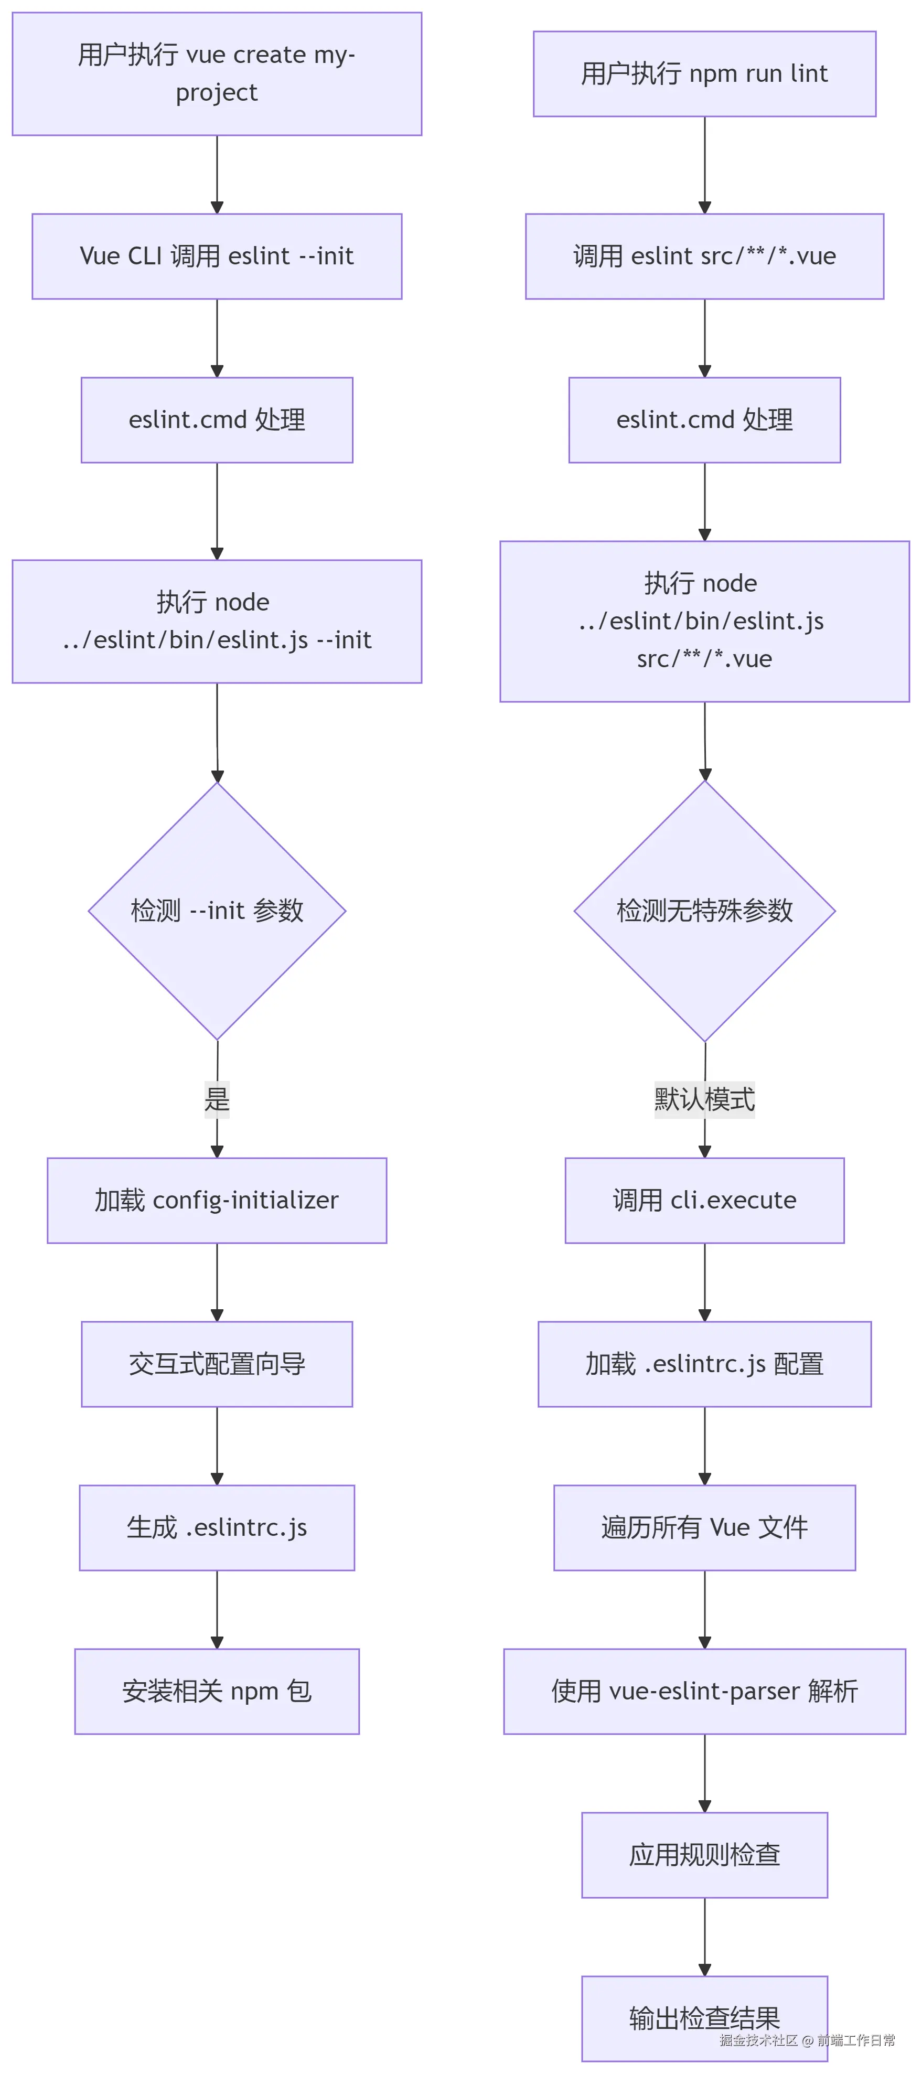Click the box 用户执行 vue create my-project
[x=217, y=73]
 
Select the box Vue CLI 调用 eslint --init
[x=217, y=256]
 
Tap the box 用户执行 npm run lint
[x=704, y=73]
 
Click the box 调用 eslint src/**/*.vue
[x=704, y=256]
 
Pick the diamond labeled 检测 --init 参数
[x=217, y=911]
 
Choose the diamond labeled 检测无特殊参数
[x=704, y=911]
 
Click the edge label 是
[x=217, y=1098]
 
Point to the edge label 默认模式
[x=704, y=1098]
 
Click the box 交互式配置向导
[x=217, y=1364]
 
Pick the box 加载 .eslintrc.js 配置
[x=704, y=1364]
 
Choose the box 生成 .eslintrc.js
[x=217, y=1527]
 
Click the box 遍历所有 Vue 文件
[x=704, y=1527]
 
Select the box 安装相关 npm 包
[x=217, y=1691]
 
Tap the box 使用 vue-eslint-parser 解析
[x=704, y=1691]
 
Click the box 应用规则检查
[x=704, y=1854]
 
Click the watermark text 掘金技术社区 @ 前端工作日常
[x=807, y=2039]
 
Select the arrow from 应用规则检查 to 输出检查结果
[x=704, y=1937]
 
